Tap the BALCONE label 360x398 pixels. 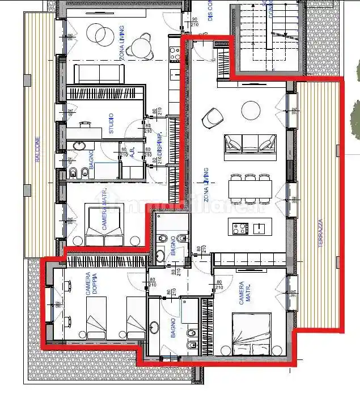pos(38,149)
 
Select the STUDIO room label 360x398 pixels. pos(111,124)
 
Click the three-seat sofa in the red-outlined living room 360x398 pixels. pos(250,143)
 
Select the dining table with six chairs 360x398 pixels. pos(250,187)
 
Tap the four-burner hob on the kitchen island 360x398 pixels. pos(239,228)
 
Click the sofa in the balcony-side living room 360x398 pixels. pos(100,74)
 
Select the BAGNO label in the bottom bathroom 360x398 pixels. pos(174,328)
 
